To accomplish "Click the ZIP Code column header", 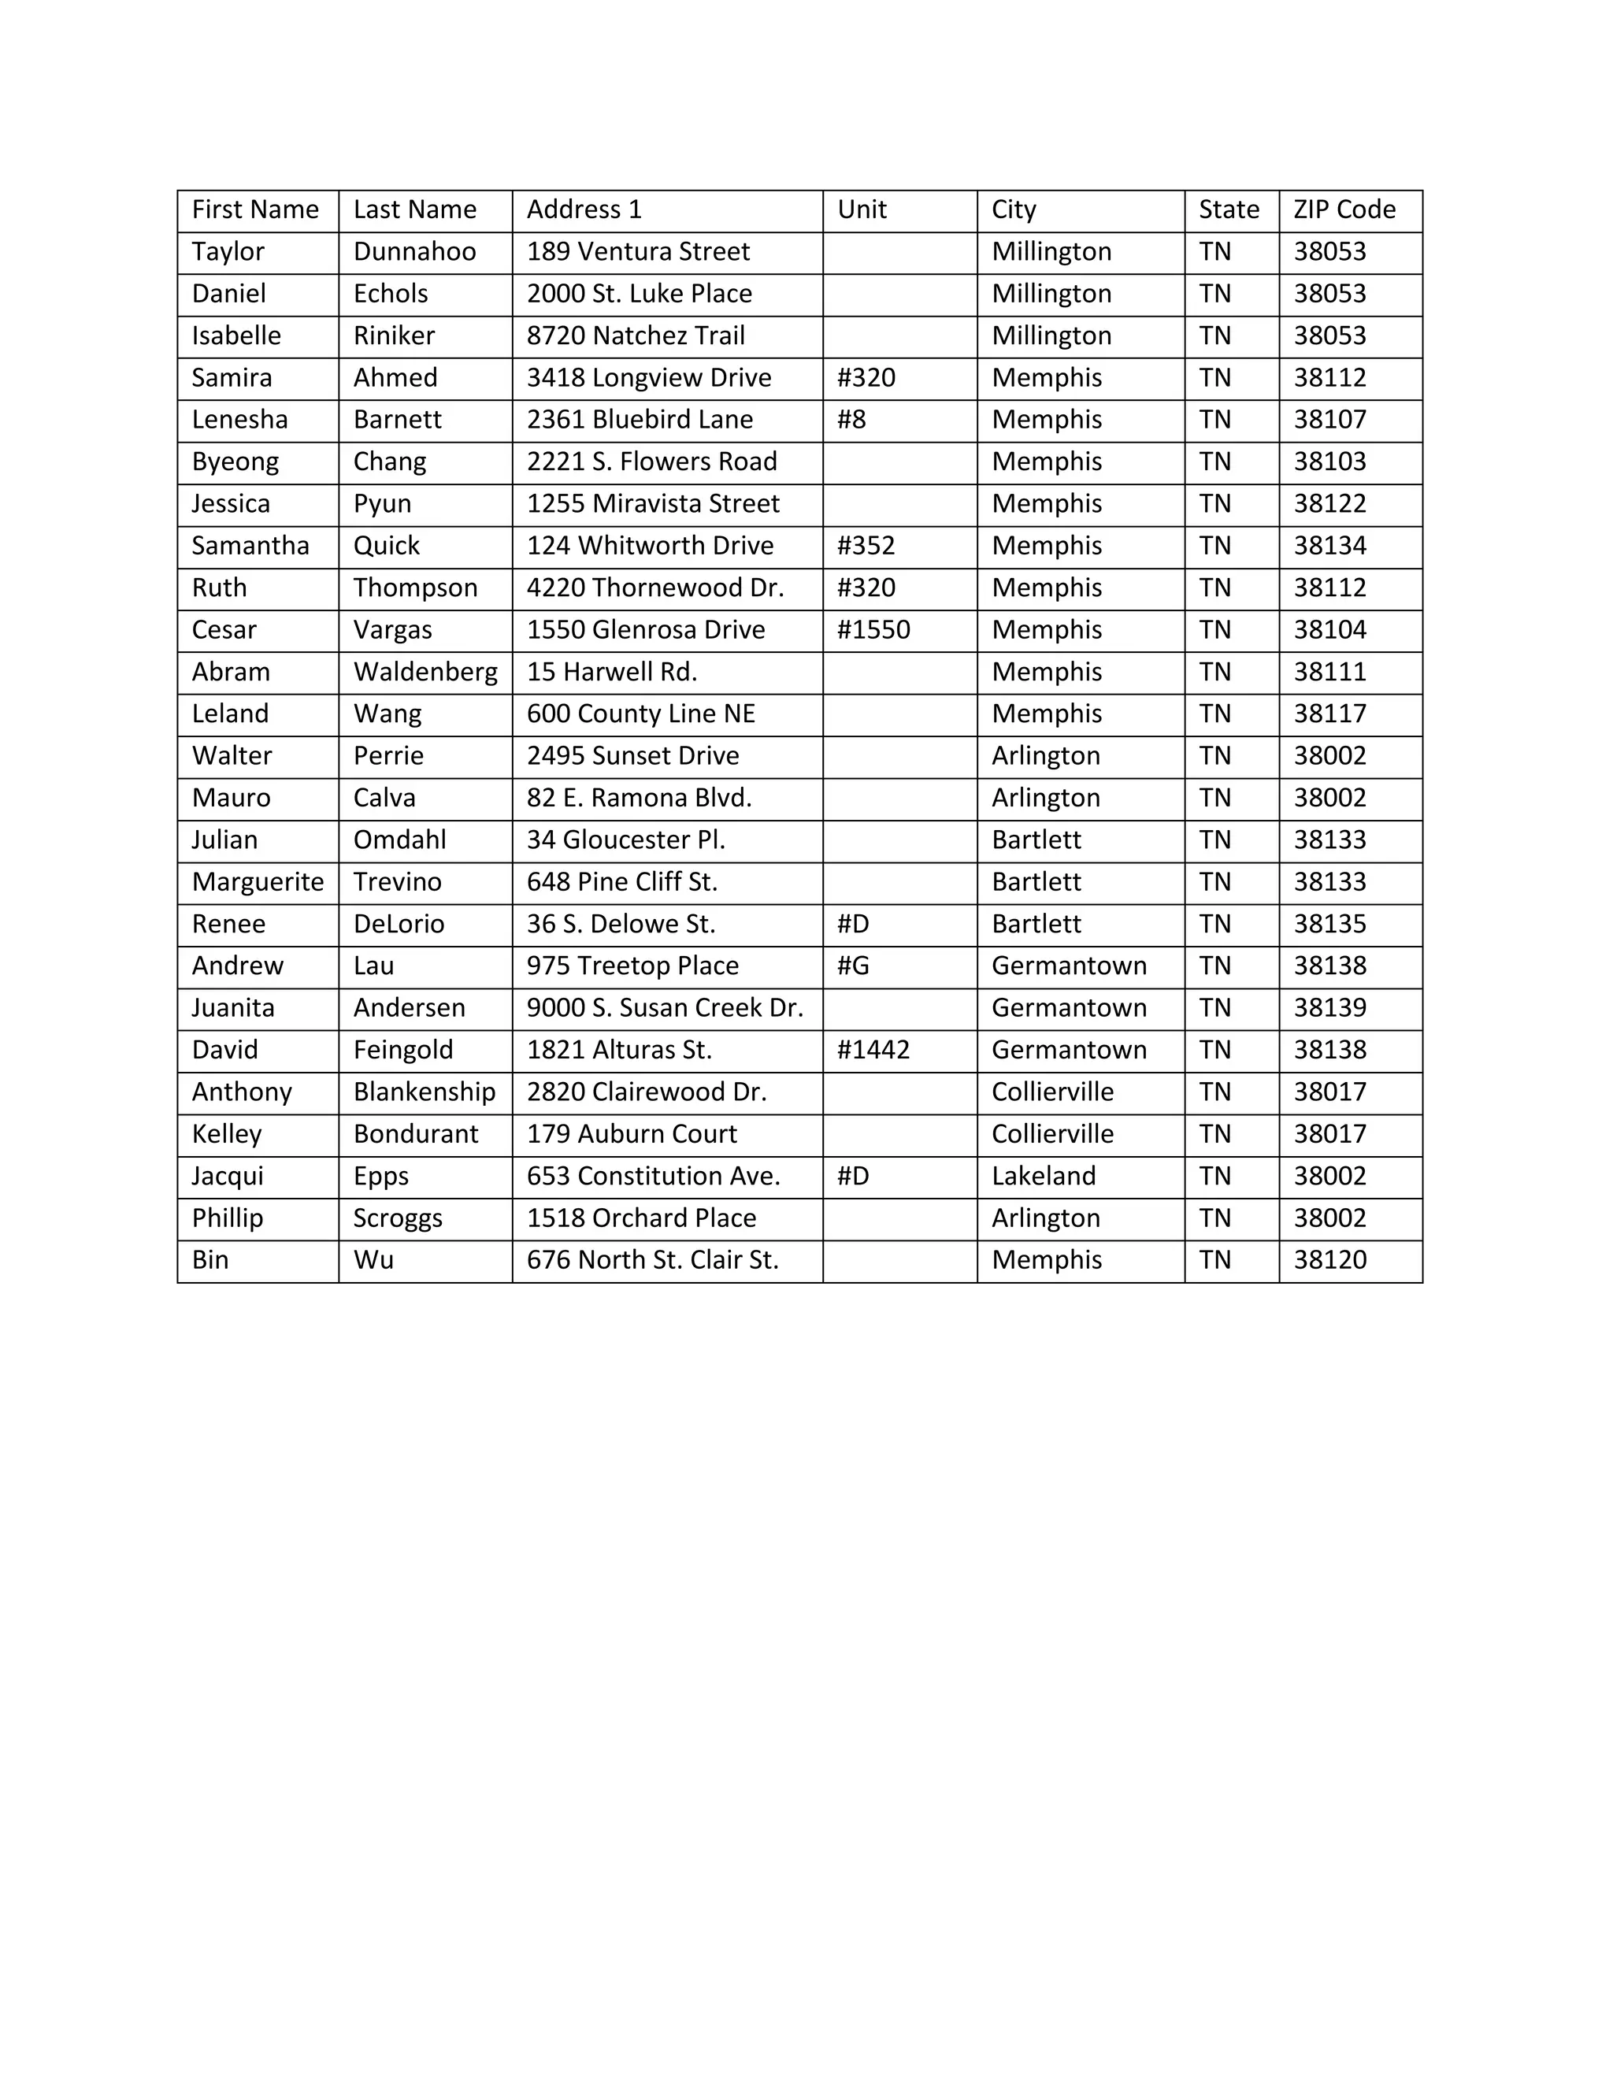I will point(1344,209).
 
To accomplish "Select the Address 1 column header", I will point(584,209).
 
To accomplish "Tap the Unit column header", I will point(862,209).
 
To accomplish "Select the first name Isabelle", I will point(236,335).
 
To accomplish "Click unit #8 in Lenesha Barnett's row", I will point(851,420).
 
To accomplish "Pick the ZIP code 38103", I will point(1329,462).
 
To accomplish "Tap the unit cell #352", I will point(866,546).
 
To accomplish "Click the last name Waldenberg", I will point(425,672).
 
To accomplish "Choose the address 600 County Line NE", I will point(640,714).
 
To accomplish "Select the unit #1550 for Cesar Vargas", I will point(873,630).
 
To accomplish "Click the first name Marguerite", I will point(258,882).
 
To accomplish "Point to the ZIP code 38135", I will point(1329,924).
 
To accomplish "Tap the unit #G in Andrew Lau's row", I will point(853,966).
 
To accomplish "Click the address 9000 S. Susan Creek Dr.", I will point(664,1008).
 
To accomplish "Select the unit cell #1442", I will point(873,1050).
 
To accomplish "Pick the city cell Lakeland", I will point(1044,1177).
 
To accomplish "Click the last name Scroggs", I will point(398,1218).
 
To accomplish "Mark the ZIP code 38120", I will point(1329,1260).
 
